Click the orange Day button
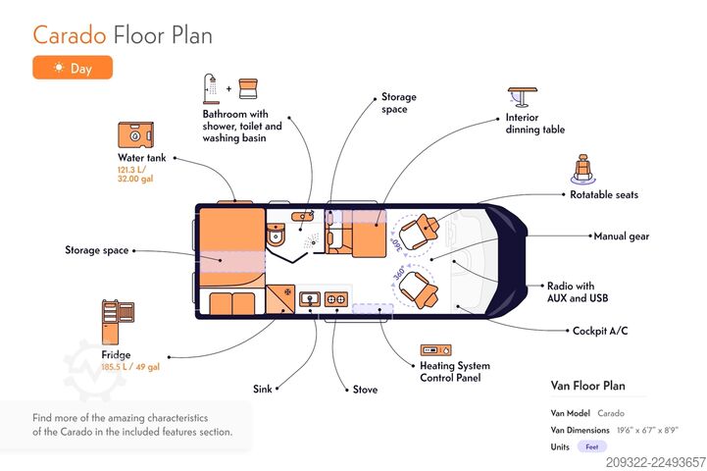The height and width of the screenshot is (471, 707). [x=73, y=68]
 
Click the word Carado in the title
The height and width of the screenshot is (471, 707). [x=70, y=35]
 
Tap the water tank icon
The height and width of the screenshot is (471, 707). [x=135, y=134]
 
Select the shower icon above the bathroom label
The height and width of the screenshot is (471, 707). [x=211, y=89]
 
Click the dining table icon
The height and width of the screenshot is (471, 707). [x=522, y=97]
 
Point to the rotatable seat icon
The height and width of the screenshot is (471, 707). [x=583, y=169]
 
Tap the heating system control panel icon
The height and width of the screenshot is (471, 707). [x=435, y=349]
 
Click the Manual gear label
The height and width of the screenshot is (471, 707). [x=622, y=235]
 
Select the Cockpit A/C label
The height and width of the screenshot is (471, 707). [x=600, y=331]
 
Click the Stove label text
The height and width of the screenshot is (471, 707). [x=365, y=390]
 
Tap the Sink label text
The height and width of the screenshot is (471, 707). [x=263, y=389]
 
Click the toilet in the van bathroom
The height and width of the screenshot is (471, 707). [x=276, y=235]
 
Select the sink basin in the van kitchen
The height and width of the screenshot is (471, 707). [x=310, y=298]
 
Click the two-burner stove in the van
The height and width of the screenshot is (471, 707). [x=336, y=298]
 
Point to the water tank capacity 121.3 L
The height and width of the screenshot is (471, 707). [x=131, y=170]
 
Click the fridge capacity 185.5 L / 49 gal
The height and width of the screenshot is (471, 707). [x=130, y=367]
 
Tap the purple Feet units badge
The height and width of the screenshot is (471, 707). [x=592, y=446]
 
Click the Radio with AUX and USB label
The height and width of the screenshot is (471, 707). [x=578, y=291]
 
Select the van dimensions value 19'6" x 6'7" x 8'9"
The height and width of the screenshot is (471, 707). [x=647, y=430]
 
